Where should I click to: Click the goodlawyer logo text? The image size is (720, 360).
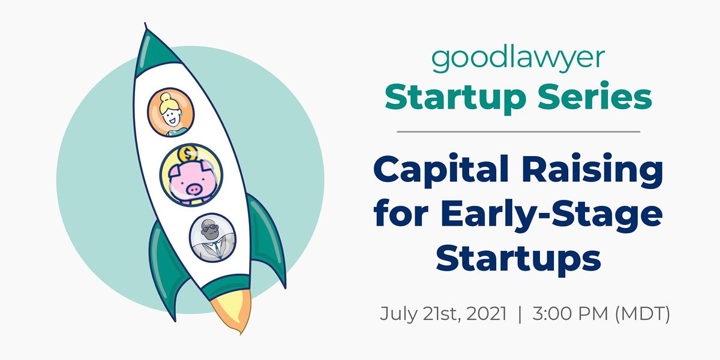518,60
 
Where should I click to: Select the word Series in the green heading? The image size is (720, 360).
595,95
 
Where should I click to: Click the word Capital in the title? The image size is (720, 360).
441,170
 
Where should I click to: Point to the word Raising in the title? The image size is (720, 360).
592,170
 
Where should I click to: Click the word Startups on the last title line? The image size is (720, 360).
518,259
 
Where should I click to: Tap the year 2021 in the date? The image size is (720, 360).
486,314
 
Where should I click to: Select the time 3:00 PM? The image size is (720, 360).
570,314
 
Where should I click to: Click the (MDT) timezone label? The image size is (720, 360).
643,314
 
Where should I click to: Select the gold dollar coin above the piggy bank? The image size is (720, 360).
188,154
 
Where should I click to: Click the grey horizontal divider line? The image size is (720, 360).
518,131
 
